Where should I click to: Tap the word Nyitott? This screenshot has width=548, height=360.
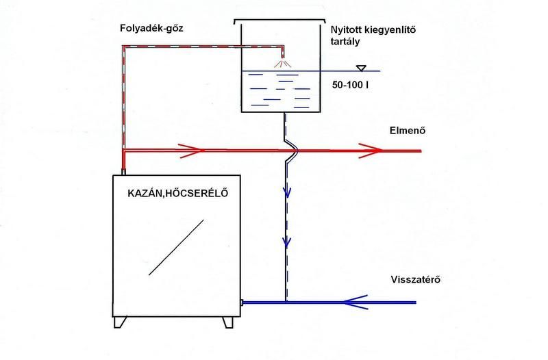coord(349,31)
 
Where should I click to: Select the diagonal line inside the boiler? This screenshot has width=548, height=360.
coord(176,247)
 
